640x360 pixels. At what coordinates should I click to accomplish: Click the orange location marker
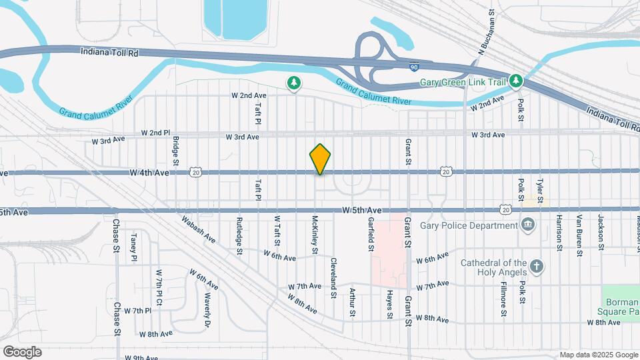click(x=320, y=159)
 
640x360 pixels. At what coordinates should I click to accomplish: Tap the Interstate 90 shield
click(x=414, y=67)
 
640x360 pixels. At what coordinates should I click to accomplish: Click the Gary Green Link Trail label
click(x=463, y=83)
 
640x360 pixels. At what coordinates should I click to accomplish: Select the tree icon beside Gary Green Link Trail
click(x=515, y=81)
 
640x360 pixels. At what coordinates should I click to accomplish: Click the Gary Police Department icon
click(x=528, y=223)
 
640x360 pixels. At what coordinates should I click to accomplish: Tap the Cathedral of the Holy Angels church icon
click(x=537, y=267)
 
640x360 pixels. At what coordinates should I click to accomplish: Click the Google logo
click(x=22, y=351)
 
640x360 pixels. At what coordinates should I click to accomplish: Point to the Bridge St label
click(x=176, y=151)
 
